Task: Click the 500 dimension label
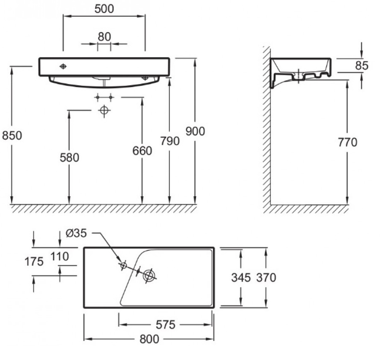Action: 104,9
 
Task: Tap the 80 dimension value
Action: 104,37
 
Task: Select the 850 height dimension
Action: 12,135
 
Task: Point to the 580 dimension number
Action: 69,157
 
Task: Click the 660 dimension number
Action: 142,151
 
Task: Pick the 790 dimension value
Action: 170,141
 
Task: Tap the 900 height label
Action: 195,131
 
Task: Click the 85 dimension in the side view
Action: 362,66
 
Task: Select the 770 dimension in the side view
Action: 348,142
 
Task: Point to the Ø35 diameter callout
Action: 76,233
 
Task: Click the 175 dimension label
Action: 34,262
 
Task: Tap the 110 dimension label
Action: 60,256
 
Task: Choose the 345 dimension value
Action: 241,278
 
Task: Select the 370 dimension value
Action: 266,278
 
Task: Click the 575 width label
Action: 166,324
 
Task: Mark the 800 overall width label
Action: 149,339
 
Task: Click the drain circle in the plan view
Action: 149,275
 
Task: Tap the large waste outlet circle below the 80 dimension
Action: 104,110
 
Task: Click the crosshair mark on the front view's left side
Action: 63,66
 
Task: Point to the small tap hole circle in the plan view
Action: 124,265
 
